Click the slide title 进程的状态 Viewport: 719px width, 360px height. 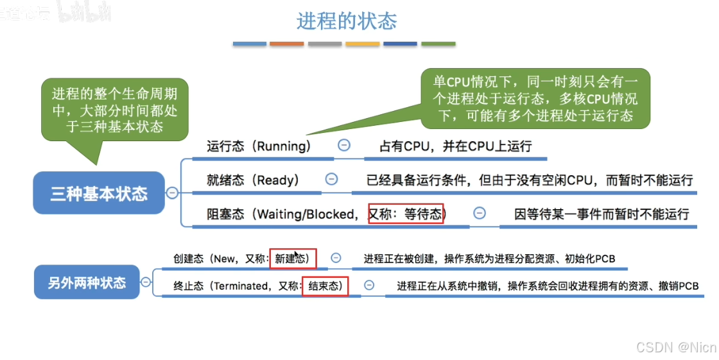coord(347,21)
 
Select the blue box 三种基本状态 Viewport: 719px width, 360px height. coord(99,193)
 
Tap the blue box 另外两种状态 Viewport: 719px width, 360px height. coord(87,282)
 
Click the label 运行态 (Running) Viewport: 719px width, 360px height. coord(259,146)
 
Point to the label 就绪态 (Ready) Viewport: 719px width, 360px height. coord(253,180)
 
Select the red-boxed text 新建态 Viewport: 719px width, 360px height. coord(293,259)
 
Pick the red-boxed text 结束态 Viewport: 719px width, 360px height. coord(325,286)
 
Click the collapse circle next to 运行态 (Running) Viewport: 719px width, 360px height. coord(344,146)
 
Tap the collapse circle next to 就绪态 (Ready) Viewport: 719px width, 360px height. coord(331,180)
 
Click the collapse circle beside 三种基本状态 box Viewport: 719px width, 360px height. coord(172,193)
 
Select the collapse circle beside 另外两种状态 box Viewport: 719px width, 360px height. coord(146,281)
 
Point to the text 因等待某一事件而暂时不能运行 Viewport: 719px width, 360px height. coord(602,214)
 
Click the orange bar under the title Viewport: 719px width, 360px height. coord(286,44)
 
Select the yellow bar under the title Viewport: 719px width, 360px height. coord(362,44)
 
